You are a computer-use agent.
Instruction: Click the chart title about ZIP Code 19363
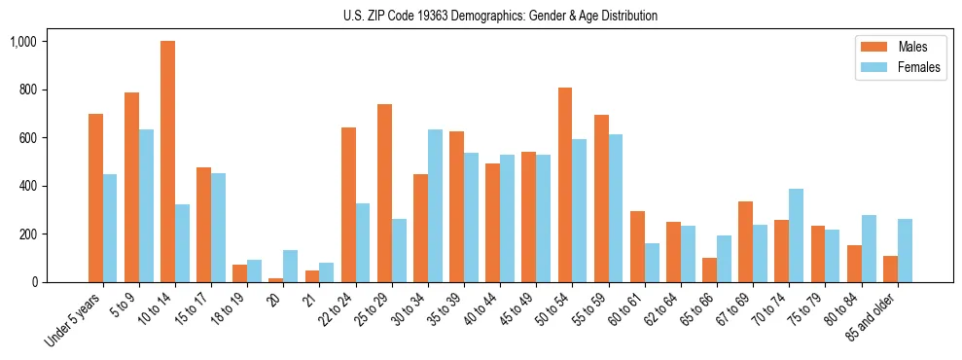(500, 16)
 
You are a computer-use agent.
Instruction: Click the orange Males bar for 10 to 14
(167, 162)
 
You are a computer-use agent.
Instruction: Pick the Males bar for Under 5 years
(95, 198)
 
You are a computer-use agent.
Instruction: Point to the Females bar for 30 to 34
(435, 206)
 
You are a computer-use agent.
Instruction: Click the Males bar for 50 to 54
(565, 185)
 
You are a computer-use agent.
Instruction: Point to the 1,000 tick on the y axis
(23, 42)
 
